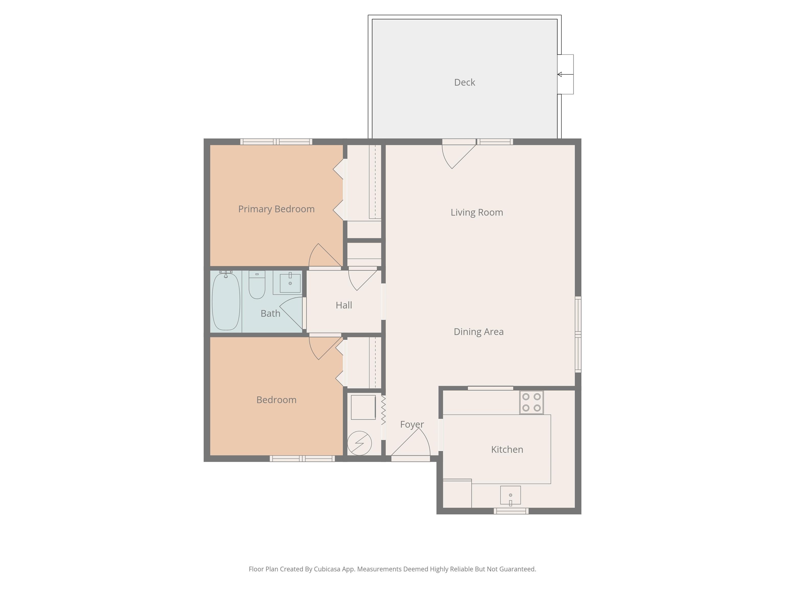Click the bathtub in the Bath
pos(226,301)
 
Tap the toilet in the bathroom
pos(257,285)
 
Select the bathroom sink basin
pos(290,283)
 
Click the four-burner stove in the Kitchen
pos(531,402)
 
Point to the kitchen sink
pos(510,495)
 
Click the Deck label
pos(465,82)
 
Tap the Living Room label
pos(477,212)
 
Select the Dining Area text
pos(478,332)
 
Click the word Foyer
pos(412,425)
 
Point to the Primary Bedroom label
pos(276,209)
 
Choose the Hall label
pos(343,305)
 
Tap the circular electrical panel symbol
pos(359,443)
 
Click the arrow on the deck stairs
pos(565,74)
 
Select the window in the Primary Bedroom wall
pos(276,142)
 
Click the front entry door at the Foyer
pos(411,445)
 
